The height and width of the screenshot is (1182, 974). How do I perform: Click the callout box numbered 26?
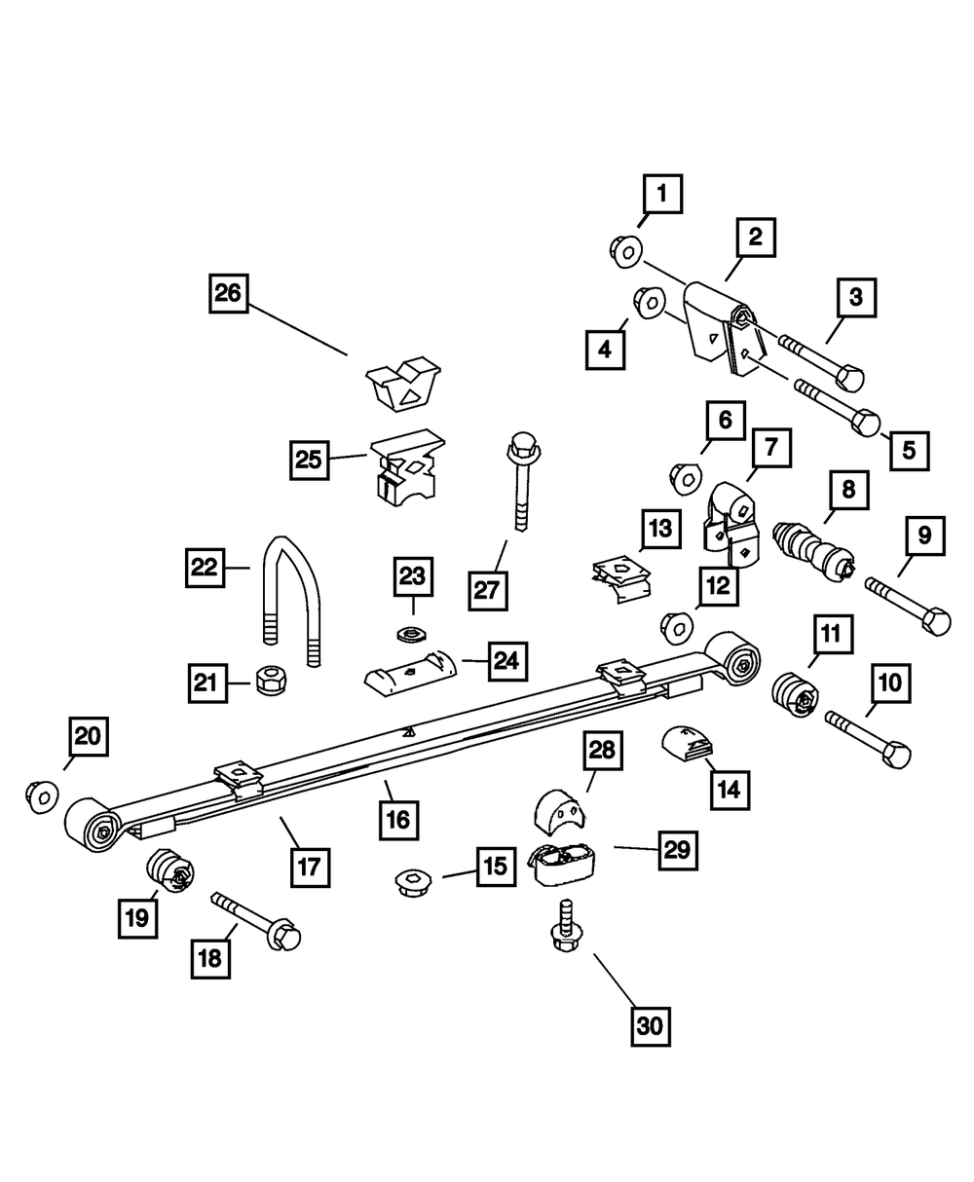point(228,294)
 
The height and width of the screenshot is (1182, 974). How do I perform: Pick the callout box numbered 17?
point(309,865)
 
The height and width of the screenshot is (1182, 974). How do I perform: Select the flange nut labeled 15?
point(415,883)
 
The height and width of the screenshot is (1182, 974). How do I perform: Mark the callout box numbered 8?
point(848,489)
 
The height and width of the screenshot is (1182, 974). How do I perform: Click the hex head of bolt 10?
point(893,756)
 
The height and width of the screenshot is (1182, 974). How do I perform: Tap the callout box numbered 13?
point(660,530)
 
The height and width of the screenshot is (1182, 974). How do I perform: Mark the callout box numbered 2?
point(755,236)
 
